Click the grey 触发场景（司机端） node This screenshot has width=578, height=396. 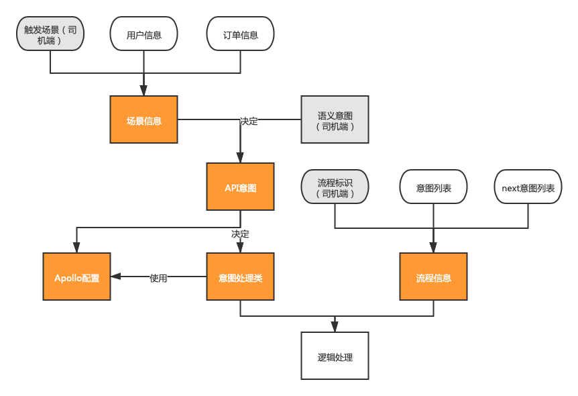(x=50, y=34)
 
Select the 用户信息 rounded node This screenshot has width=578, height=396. (x=143, y=34)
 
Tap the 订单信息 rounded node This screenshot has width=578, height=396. (x=240, y=34)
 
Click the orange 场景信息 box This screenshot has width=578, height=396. (x=143, y=119)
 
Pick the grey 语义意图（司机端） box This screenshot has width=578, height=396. (x=335, y=119)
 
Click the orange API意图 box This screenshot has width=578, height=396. (x=240, y=187)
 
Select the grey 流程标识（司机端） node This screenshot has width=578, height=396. (x=335, y=187)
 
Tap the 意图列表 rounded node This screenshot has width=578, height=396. (x=433, y=187)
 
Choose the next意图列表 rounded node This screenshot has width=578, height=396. (x=528, y=187)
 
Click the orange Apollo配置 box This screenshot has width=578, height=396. (x=76, y=277)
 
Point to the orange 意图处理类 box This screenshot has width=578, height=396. (x=240, y=277)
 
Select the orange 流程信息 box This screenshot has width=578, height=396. (x=433, y=277)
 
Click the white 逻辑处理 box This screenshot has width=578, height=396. (x=335, y=356)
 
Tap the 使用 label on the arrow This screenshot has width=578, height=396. (x=158, y=278)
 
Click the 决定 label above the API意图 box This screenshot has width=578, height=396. (x=249, y=121)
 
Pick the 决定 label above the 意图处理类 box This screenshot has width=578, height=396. (x=240, y=234)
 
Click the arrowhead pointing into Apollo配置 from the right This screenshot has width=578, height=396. (x=116, y=277)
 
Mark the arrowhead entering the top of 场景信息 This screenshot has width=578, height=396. (x=143, y=91)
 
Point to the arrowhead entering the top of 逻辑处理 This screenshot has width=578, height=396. (x=335, y=327)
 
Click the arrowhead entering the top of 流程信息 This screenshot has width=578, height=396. (x=433, y=248)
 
